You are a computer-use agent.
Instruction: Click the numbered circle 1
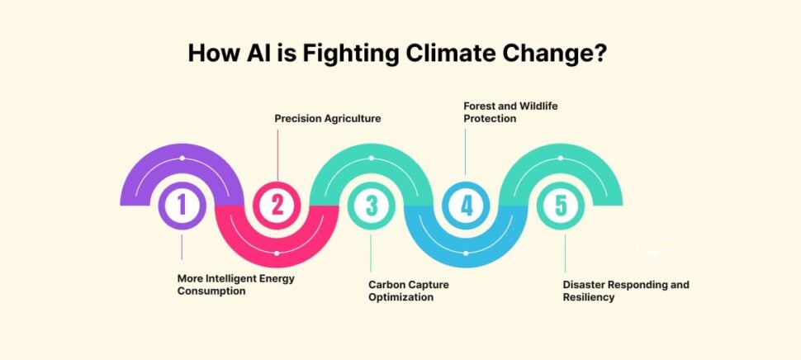click(182, 206)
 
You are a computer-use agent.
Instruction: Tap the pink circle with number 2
click(277, 206)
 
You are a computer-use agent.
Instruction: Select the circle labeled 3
click(372, 206)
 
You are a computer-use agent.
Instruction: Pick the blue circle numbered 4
click(467, 206)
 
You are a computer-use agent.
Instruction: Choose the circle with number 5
click(562, 206)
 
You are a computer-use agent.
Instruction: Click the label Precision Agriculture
click(328, 119)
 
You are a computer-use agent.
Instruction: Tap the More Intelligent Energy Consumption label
click(235, 285)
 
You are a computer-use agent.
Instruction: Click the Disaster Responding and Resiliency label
click(625, 291)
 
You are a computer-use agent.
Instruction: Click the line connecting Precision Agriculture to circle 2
click(277, 153)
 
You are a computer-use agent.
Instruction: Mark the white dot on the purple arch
click(182, 158)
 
